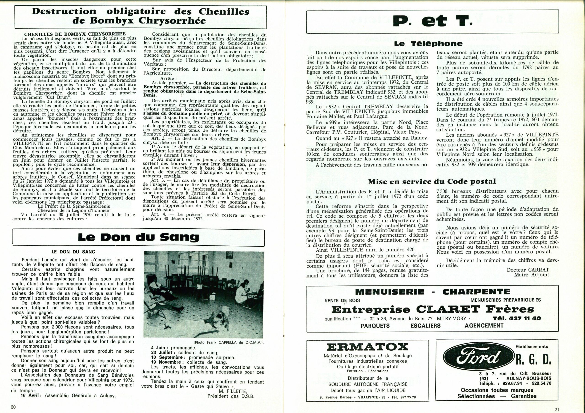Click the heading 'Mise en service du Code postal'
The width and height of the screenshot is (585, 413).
pos(432,181)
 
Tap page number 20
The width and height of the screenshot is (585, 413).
pos(13,407)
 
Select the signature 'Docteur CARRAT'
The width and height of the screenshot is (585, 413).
pos(528,269)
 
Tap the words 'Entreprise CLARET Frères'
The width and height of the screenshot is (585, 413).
pos(433,309)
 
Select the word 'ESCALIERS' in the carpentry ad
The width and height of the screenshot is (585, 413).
pos(425,326)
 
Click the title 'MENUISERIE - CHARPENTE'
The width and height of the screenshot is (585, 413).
pos(433,292)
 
